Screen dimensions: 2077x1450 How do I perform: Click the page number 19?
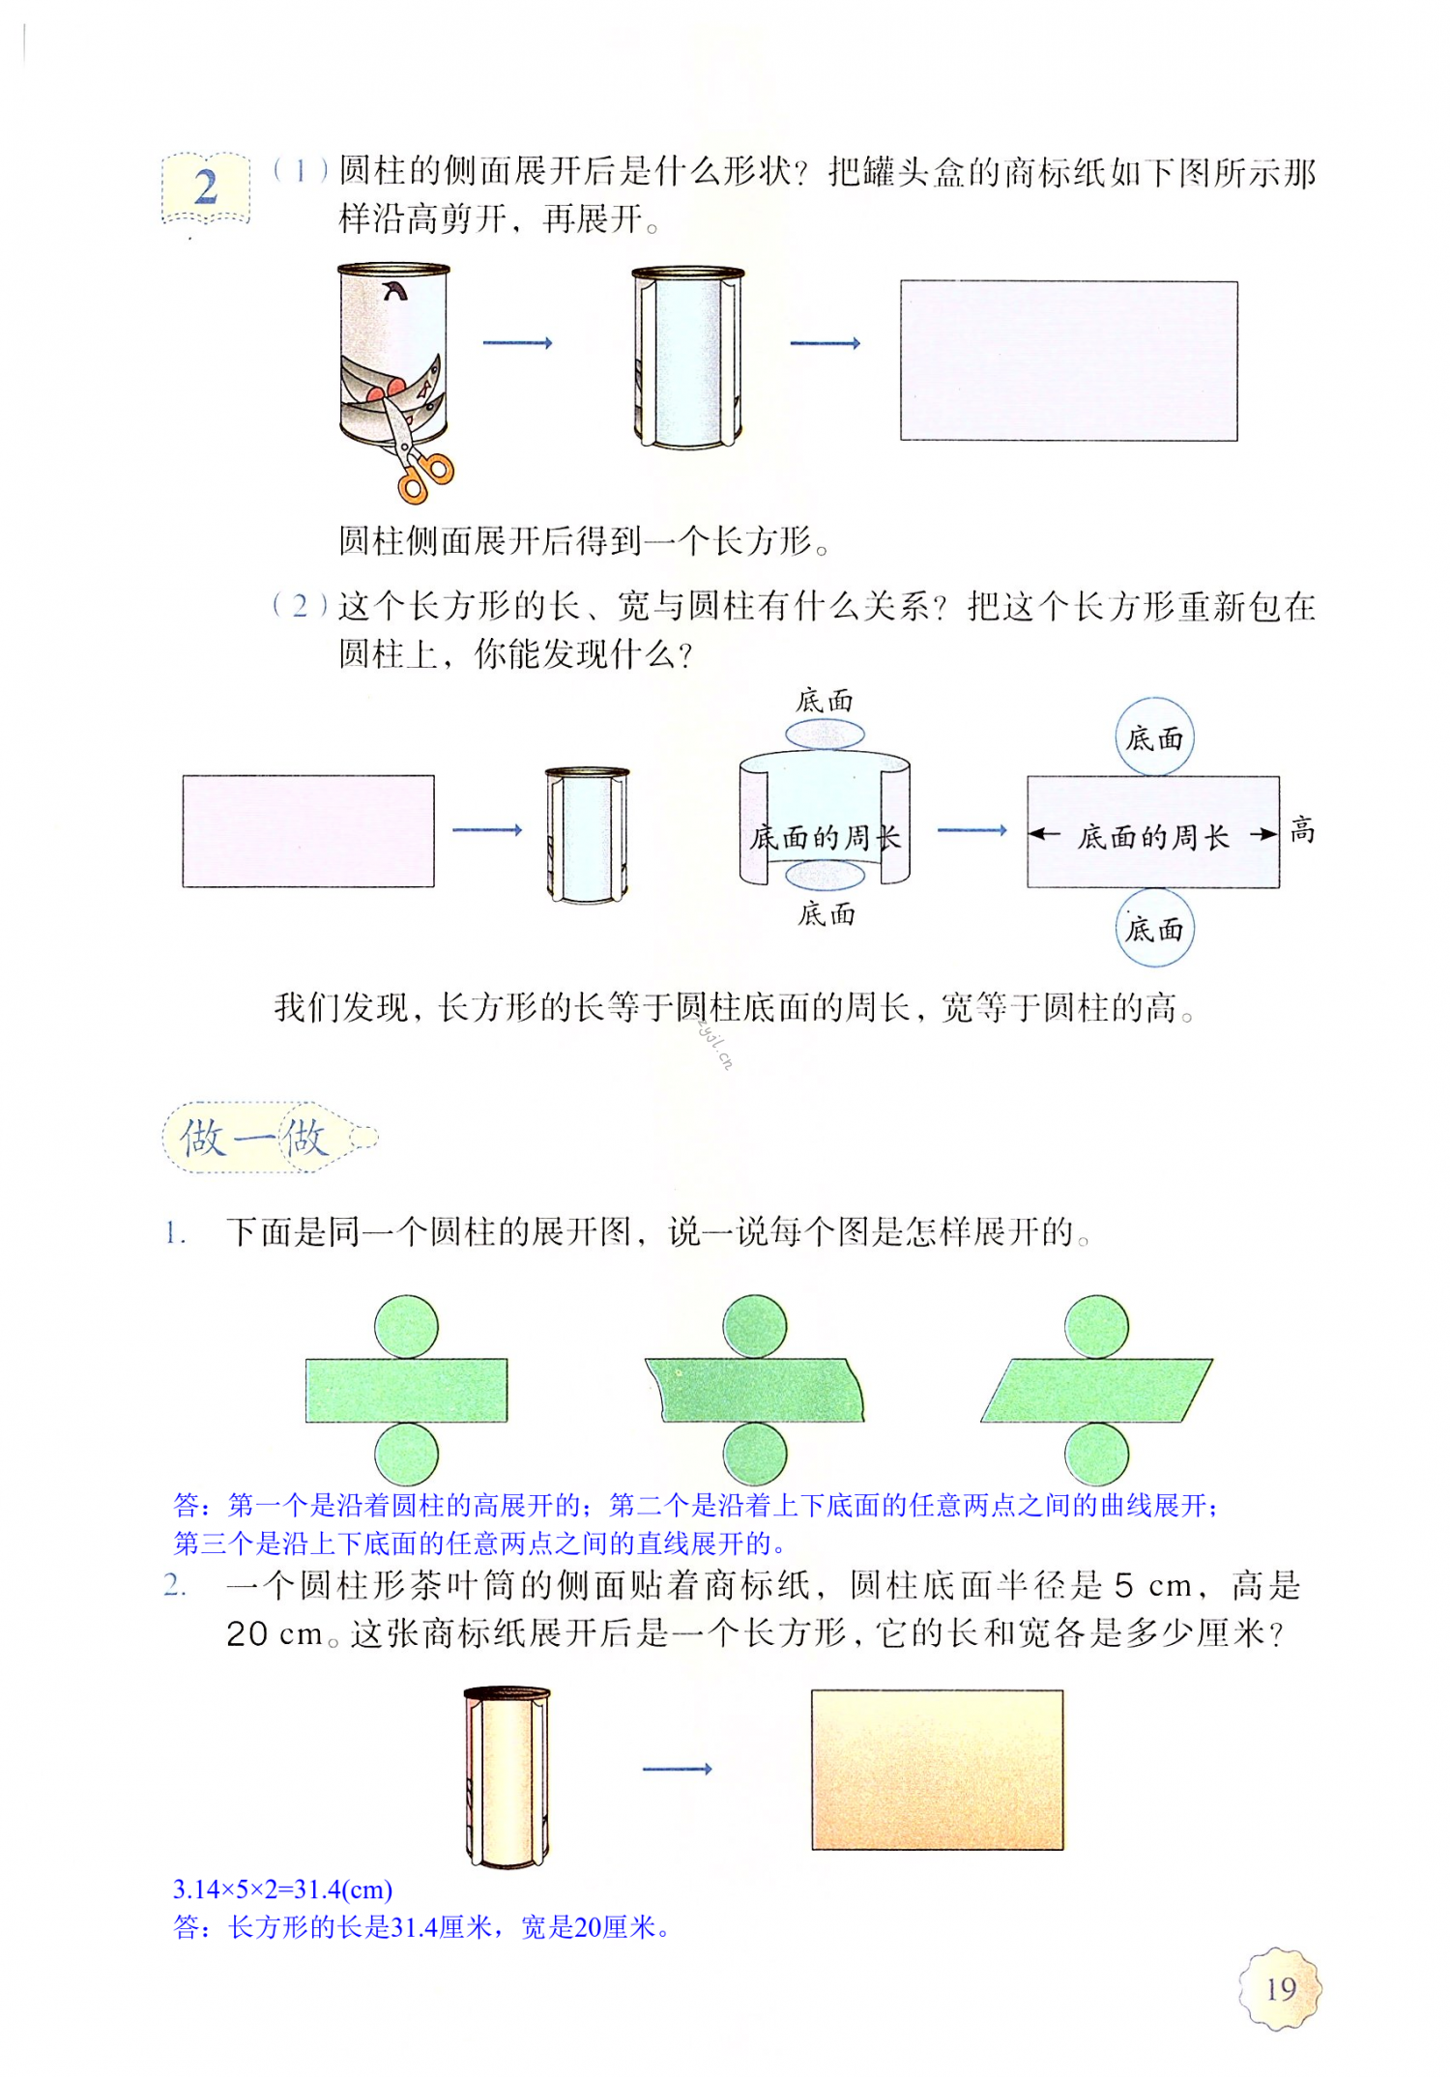tap(1280, 1989)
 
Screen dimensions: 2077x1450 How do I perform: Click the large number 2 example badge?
tap(206, 188)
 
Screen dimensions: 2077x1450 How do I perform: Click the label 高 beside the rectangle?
tap(1302, 830)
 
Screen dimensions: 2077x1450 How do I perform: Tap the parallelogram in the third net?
tap(1096, 1390)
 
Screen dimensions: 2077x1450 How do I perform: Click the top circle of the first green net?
tap(406, 1326)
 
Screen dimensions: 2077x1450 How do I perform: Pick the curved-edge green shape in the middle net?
tap(754, 1390)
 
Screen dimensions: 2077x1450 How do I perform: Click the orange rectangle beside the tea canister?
tap(937, 1770)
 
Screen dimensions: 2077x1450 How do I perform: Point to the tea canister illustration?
tap(507, 1776)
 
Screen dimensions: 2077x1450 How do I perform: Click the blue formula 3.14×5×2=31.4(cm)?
tap(282, 1889)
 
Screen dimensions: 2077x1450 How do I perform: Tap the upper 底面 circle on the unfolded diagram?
tap(1154, 738)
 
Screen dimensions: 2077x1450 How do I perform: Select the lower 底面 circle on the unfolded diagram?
tap(1154, 930)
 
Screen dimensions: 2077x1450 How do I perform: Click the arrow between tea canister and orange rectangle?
tap(677, 1769)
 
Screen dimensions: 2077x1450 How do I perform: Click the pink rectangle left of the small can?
tap(308, 830)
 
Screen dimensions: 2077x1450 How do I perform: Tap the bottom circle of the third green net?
tap(1096, 1454)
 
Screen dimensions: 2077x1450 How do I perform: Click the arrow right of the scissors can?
tap(517, 343)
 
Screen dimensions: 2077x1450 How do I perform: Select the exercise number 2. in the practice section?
tap(175, 1586)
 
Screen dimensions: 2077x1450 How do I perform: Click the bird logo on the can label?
tap(394, 290)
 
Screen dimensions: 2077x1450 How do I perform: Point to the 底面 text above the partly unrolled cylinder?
tap(825, 701)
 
